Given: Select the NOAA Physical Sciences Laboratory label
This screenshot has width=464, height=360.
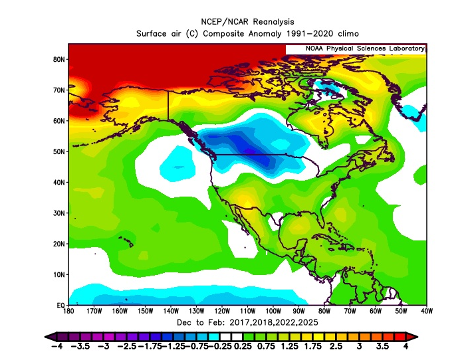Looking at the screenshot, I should point(356,48).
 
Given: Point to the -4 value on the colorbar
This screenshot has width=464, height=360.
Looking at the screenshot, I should point(55,347).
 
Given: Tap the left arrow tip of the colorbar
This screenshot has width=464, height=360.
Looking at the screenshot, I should point(47,336).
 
